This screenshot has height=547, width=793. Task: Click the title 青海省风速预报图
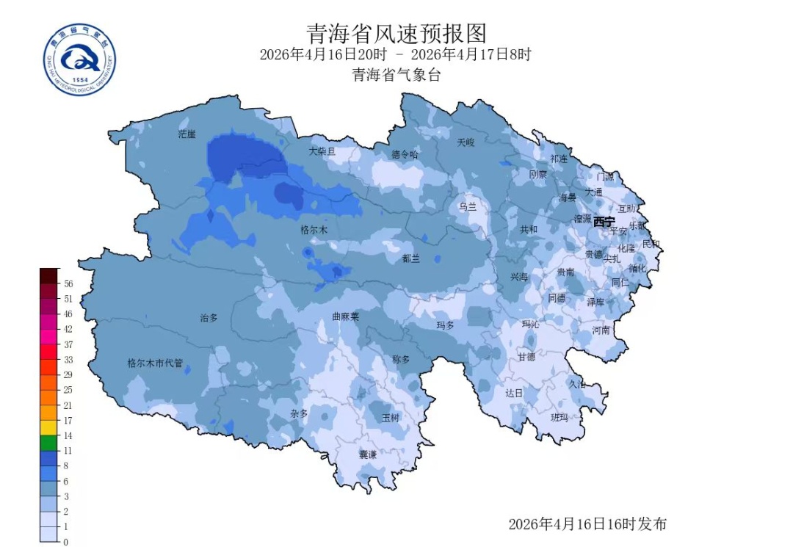click(396, 33)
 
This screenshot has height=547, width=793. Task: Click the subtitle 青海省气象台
click(396, 75)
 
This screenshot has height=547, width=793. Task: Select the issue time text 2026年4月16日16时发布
click(587, 524)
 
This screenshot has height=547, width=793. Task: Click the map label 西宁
click(604, 222)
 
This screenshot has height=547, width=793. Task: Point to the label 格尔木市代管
click(155, 363)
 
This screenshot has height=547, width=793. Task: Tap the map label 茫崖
click(187, 134)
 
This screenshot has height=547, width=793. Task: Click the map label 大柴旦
click(322, 151)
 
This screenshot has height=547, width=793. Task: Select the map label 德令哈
click(405, 154)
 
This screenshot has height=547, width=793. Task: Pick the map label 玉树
click(391, 418)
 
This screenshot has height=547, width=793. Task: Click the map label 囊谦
click(367, 455)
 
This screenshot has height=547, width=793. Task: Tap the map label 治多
click(209, 319)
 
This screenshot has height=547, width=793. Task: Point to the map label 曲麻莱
click(345, 317)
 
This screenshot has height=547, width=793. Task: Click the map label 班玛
click(560, 417)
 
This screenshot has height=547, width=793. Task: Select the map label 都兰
click(411, 258)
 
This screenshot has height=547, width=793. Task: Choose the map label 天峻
click(466, 142)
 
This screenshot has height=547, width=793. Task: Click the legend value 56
click(68, 283)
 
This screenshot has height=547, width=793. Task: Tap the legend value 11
click(67, 450)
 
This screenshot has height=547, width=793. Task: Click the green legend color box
click(48, 443)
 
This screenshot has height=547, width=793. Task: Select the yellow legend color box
click(48, 427)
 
